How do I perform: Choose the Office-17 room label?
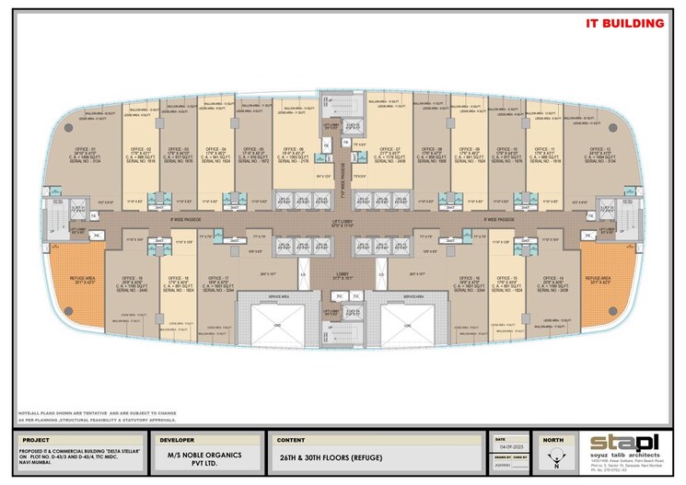[219, 278]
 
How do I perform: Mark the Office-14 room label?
[554, 278]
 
